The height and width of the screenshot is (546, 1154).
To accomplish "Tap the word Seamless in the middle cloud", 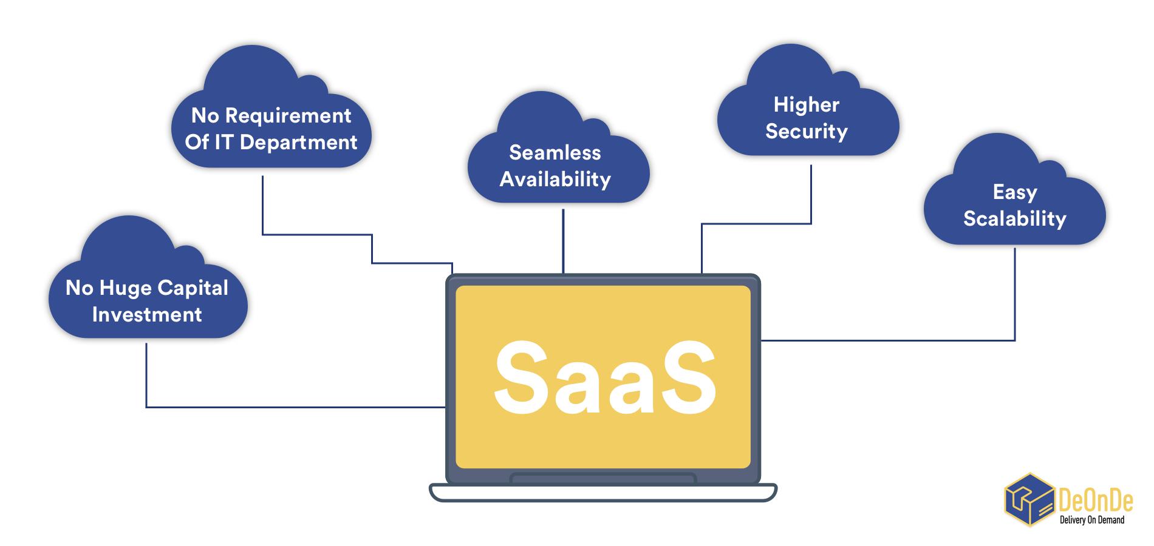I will [555, 152].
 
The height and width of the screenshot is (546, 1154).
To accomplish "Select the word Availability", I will [555, 180].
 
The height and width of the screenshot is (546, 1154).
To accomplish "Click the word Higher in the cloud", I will [806, 105].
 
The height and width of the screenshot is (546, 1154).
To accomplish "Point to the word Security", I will [806, 132].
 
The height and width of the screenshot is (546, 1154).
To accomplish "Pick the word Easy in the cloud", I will [1014, 192].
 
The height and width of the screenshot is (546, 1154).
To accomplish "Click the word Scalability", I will [1014, 219].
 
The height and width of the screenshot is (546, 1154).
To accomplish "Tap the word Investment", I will [147, 315].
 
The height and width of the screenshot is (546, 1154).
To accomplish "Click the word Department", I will [298, 143].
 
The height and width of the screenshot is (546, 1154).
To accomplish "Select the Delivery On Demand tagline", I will [1091, 520].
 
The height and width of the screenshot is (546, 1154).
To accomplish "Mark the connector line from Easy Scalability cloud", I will [1014, 303].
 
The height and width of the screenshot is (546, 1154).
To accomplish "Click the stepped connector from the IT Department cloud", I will [316, 234].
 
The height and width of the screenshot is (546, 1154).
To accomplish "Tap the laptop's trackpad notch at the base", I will [603, 478].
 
